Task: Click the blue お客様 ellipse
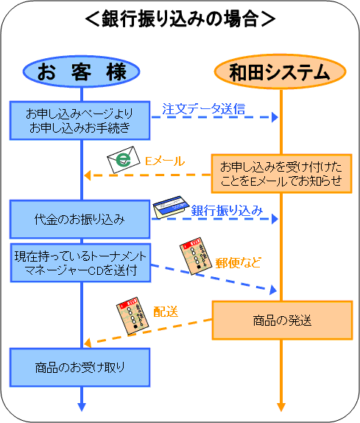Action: [x=81, y=71]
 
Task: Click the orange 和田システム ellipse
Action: [x=280, y=71]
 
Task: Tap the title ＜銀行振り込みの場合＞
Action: [x=180, y=19]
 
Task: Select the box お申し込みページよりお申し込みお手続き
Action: [x=80, y=121]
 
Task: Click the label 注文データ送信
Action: [x=204, y=109]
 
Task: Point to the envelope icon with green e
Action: [x=124, y=160]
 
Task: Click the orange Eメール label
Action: [x=165, y=161]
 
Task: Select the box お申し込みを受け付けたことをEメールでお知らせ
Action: [x=281, y=173]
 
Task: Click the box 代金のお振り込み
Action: [x=80, y=219]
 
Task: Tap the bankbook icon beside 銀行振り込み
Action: [x=171, y=207]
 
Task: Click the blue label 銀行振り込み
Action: [x=227, y=211]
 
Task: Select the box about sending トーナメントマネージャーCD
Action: [x=80, y=263]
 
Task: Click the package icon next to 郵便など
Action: [x=195, y=256]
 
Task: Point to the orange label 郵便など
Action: [x=239, y=262]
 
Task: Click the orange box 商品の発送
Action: [x=282, y=321]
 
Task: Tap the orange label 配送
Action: [x=166, y=312]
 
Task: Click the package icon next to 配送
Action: [x=133, y=316]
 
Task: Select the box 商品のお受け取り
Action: [x=80, y=368]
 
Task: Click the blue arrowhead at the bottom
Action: [x=82, y=407]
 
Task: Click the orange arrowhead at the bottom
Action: [x=281, y=407]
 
